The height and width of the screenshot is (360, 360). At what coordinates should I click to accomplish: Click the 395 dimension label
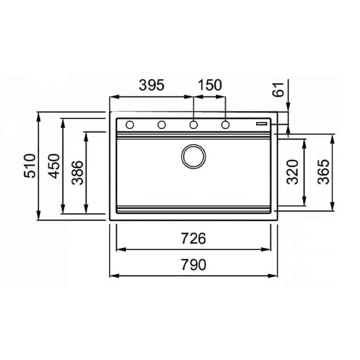pyautogui.click(x=152, y=85)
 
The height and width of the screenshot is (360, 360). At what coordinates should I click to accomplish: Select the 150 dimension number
pyautogui.click(x=210, y=85)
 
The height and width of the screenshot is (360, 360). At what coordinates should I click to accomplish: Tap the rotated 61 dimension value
pyautogui.click(x=278, y=90)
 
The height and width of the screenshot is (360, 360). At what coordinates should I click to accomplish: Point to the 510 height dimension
pyautogui.click(x=30, y=166)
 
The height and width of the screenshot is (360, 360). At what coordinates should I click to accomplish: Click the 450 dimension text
pyautogui.click(x=54, y=166)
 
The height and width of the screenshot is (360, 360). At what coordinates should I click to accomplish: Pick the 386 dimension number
pyautogui.click(x=77, y=173)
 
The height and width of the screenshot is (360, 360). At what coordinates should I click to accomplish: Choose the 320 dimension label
pyautogui.click(x=292, y=172)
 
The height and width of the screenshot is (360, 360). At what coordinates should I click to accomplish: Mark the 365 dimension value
pyautogui.click(x=323, y=172)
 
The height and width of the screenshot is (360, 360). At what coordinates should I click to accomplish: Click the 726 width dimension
pyautogui.click(x=193, y=238)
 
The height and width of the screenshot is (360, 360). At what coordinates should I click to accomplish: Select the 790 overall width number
pyautogui.click(x=193, y=265)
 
